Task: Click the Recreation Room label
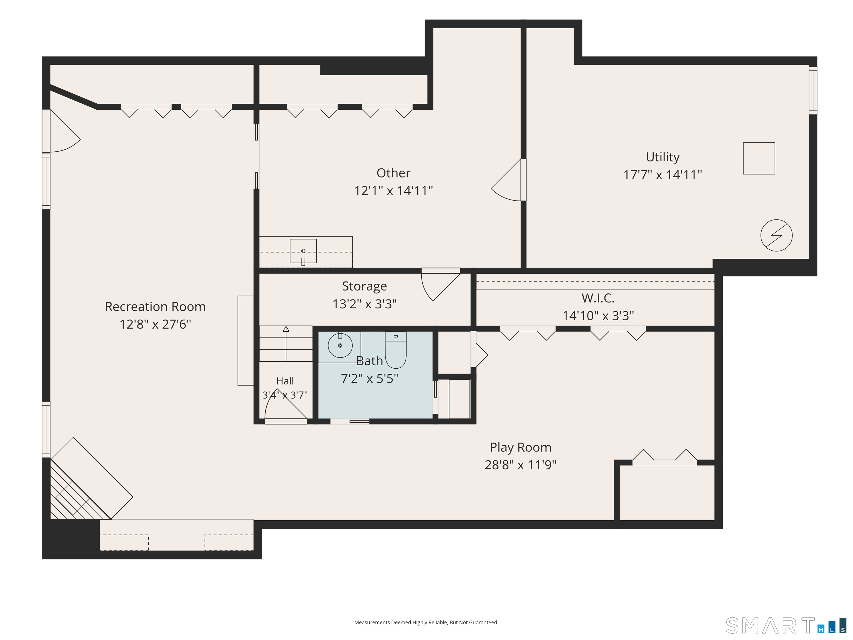coord(155,307)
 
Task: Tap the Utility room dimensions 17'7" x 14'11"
coord(663,175)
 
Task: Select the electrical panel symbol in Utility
coord(776,235)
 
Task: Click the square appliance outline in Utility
coord(759,158)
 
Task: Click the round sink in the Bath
coord(340,345)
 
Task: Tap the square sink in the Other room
coord(303,251)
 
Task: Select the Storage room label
coord(364,286)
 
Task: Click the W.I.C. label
coord(598,298)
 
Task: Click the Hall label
coord(285,381)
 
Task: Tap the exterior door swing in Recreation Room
coord(64,131)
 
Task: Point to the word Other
coord(393,173)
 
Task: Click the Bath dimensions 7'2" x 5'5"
coord(369,378)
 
